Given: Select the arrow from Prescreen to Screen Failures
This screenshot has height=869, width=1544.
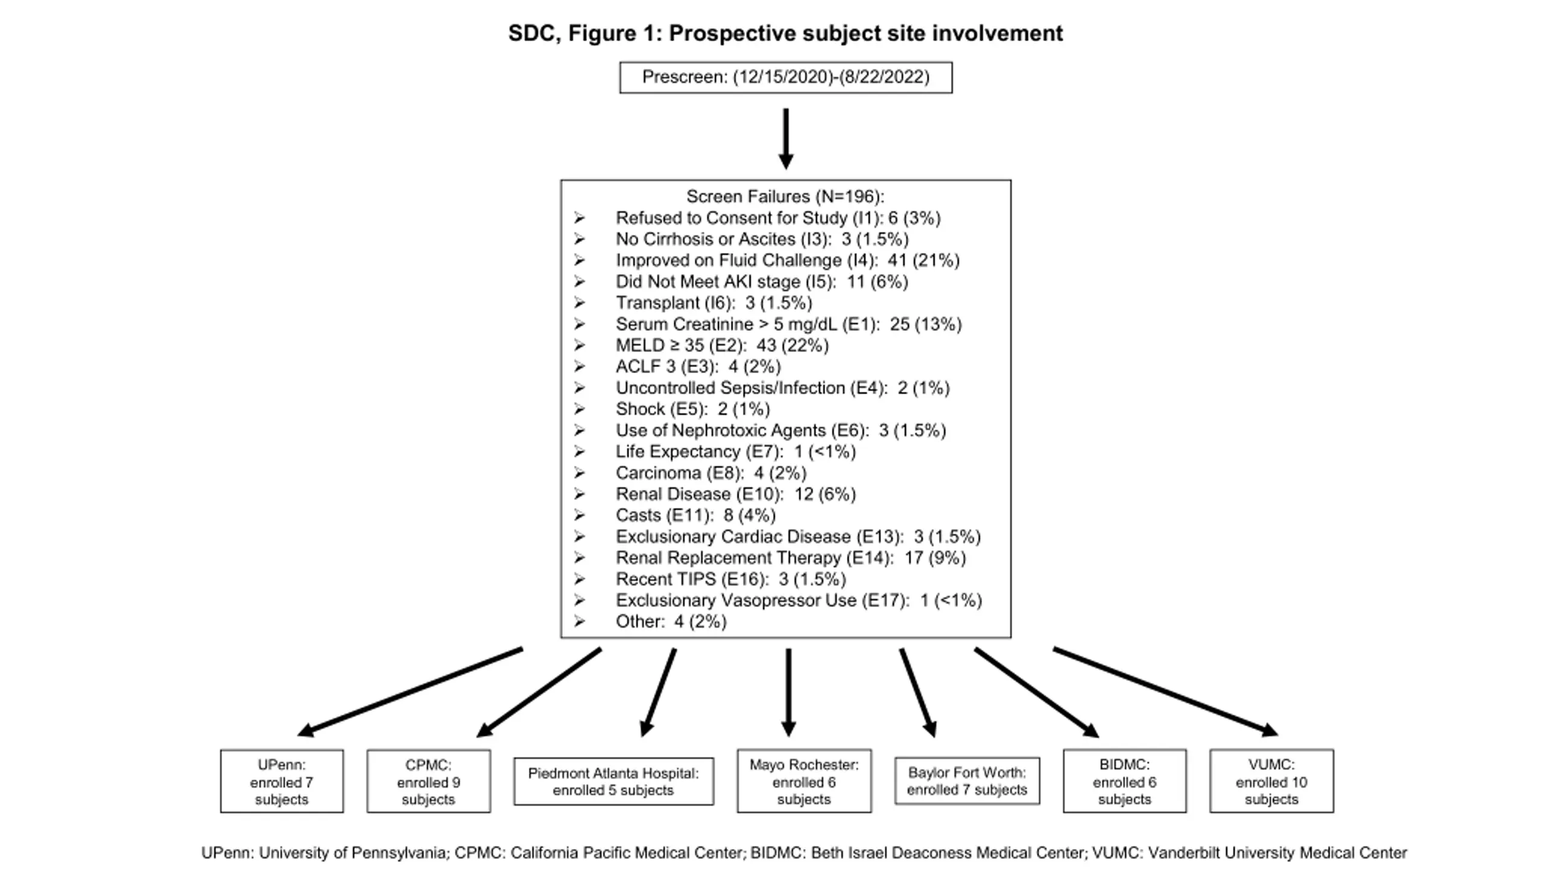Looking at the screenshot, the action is tap(786, 139).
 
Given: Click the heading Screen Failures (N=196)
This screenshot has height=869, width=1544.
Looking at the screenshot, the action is tap(785, 196).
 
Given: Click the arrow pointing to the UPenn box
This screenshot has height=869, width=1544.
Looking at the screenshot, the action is tap(410, 692).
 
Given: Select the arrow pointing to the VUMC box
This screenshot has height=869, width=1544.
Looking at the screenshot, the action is tap(1166, 692).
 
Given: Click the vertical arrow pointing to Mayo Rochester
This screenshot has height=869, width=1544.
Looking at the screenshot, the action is tap(788, 692).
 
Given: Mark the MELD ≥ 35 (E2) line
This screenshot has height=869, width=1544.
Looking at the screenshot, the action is tap(722, 345).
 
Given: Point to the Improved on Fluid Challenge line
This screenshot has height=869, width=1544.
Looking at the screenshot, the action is tap(787, 260).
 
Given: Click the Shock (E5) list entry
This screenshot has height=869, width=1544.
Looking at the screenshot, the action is tap(692, 409).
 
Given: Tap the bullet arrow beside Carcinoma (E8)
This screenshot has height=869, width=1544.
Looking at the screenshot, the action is tap(580, 473).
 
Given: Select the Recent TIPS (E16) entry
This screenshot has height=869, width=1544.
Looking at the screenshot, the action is tap(730, 579).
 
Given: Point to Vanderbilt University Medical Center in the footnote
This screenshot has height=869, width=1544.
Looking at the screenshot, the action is tap(1277, 853).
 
